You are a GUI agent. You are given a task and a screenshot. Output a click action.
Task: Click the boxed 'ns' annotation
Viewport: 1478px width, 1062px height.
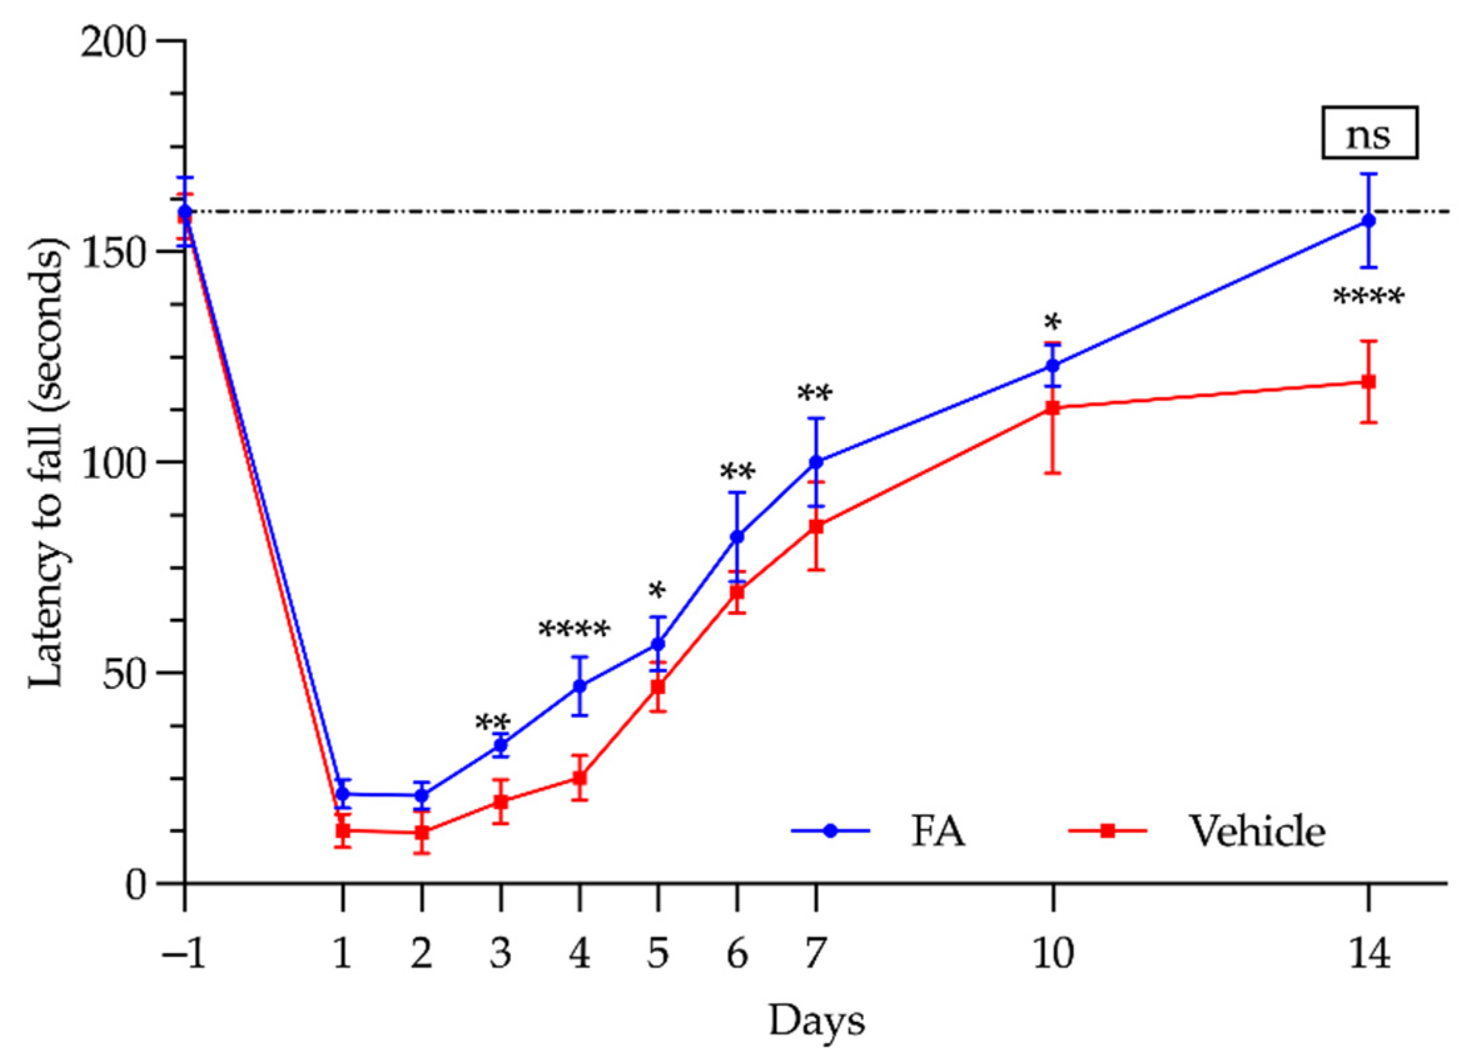(x=1369, y=133)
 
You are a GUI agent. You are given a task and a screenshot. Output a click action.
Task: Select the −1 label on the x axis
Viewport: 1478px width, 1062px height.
(x=184, y=954)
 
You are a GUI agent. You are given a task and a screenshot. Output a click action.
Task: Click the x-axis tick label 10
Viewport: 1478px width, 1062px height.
(x=1053, y=954)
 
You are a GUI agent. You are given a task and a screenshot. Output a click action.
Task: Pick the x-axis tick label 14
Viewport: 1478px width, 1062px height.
(x=1369, y=954)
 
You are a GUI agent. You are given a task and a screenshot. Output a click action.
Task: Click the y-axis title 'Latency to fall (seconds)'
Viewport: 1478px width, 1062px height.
(x=48, y=462)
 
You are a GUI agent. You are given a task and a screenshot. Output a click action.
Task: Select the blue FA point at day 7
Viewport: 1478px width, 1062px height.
(x=816, y=462)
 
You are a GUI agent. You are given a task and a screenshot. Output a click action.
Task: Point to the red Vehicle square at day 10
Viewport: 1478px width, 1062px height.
(x=1053, y=408)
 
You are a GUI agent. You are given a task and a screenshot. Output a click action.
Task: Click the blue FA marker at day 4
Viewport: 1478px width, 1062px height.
(x=580, y=686)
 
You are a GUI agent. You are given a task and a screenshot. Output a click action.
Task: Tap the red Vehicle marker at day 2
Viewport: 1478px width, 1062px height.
(x=422, y=833)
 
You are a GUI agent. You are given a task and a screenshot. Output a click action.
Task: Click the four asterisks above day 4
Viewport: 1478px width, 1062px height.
(x=574, y=629)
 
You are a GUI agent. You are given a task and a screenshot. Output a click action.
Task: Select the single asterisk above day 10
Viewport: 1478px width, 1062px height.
(x=1053, y=323)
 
